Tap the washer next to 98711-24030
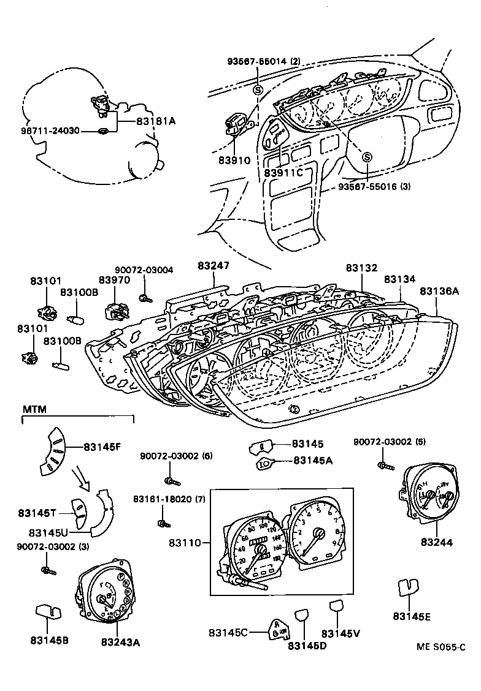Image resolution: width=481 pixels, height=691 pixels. point(104,131)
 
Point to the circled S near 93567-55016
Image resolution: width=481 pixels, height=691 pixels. point(367,157)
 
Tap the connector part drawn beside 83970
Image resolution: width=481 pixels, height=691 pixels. point(117,311)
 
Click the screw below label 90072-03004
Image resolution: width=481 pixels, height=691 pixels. point(145,298)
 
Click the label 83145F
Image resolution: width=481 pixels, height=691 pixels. point(102,447)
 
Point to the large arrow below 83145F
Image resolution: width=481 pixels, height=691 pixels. point(81,480)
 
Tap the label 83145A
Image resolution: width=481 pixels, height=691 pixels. point(312,460)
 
